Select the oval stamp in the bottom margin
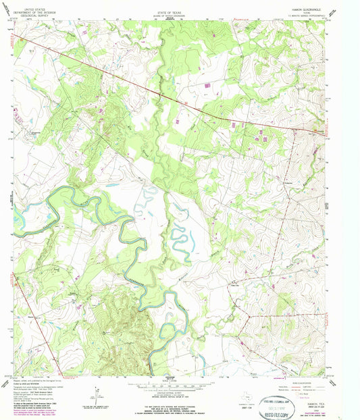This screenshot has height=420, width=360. [x=277, y=400]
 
